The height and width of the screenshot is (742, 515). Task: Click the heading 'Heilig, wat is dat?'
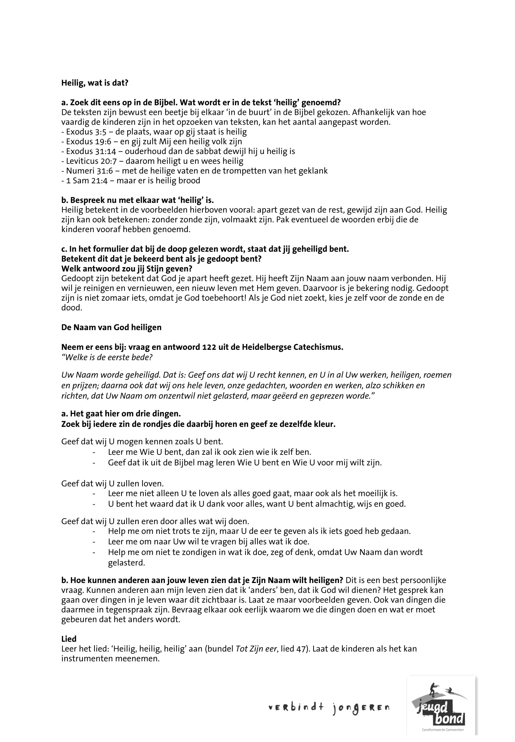[x=95, y=83]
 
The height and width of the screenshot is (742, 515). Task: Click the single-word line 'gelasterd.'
[x=126, y=563]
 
